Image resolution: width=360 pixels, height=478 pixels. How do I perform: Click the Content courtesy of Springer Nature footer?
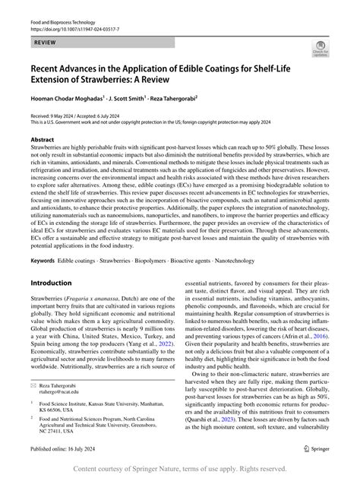pos(180,469)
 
